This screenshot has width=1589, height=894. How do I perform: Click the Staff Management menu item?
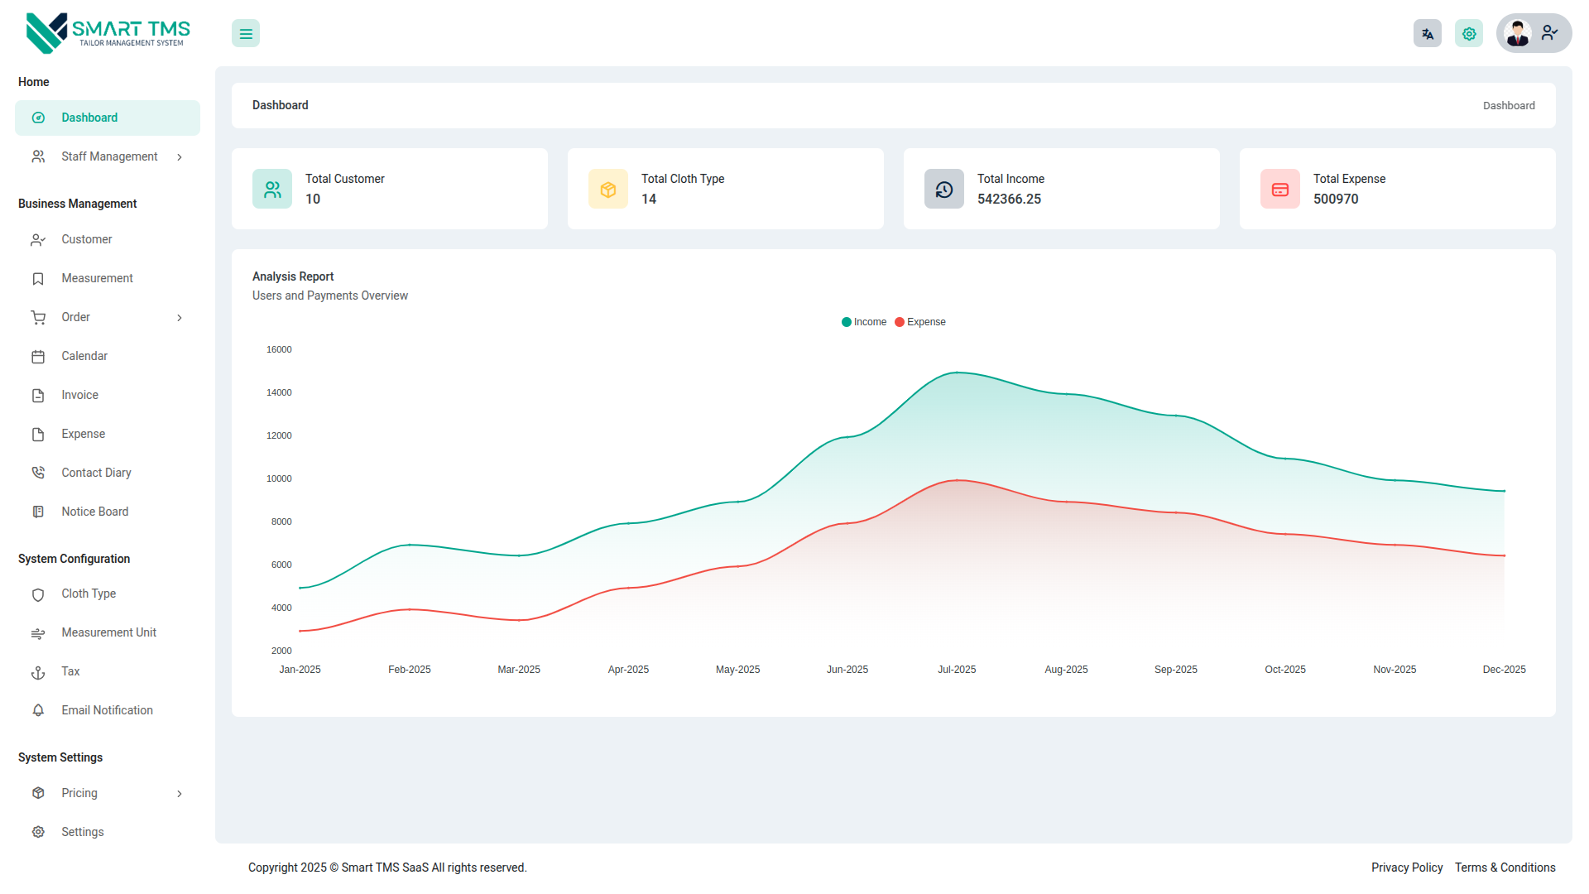[x=108, y=156]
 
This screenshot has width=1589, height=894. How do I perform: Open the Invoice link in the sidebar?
[x=79, y=395]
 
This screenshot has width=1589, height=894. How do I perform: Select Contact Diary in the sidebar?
[x=96, y=473]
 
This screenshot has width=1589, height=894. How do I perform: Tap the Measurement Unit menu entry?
[x=108, y=632]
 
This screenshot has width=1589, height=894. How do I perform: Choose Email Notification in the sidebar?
[x=107, y=710]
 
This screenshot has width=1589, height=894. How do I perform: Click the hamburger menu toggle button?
[x=246, y=34]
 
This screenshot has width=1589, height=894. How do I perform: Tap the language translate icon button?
[x=1427, y=34]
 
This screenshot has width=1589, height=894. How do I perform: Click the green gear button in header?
[x=1469, y=34]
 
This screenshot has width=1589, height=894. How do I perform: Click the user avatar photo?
[x=1518, y=34]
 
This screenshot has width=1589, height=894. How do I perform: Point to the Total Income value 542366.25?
[x=1009, y=199]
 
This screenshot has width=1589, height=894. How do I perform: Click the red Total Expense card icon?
[x=1279, y=190]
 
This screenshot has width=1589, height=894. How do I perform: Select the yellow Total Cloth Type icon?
[x=608, y=190]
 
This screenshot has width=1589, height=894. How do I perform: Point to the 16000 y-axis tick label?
[x=279, y=349]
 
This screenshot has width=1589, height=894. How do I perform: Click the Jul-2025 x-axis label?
[x=957, y=670]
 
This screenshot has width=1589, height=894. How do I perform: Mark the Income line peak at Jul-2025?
[x=957, y=372]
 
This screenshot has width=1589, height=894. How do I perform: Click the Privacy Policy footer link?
[x=1407, y=868]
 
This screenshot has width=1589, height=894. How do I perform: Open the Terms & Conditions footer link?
[x=1505, y=868]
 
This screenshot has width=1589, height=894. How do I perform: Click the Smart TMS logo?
[x=108, y=33]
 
